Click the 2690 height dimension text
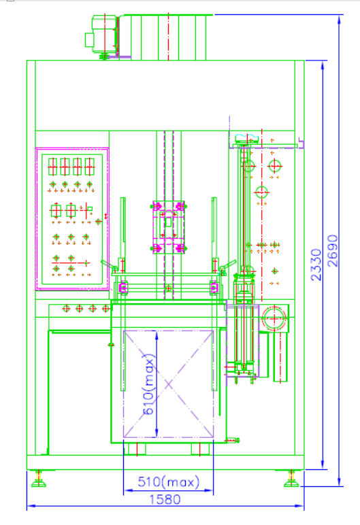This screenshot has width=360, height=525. tap(333, 250)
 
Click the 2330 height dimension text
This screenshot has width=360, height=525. tap(316, 265)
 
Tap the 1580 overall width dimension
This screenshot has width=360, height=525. tap(165, 499)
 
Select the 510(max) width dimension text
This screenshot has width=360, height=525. tap(169, 481)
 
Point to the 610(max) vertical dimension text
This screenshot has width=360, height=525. tap(149, 384)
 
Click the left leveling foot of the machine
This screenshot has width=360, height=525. tap(39, 479)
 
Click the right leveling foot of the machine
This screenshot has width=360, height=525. tap(291, 479)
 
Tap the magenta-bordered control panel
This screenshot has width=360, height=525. tap(72, 218)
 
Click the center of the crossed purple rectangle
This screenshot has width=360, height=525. tap(168, 384)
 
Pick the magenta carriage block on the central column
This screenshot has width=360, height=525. tap(169, 227)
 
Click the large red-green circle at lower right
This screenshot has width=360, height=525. tap(274, 318)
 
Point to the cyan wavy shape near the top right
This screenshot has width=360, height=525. tap(247, 138)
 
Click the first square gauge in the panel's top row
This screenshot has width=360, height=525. tap(52, 167)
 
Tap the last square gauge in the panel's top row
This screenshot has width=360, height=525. tap(90, 167)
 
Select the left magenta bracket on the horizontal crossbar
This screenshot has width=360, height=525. tap(123, 288)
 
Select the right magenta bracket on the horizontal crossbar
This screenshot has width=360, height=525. tap(214, 288)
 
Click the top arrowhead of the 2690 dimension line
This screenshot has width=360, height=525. tap(339, 19)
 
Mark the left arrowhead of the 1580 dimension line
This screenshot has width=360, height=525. tap(31, 506)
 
